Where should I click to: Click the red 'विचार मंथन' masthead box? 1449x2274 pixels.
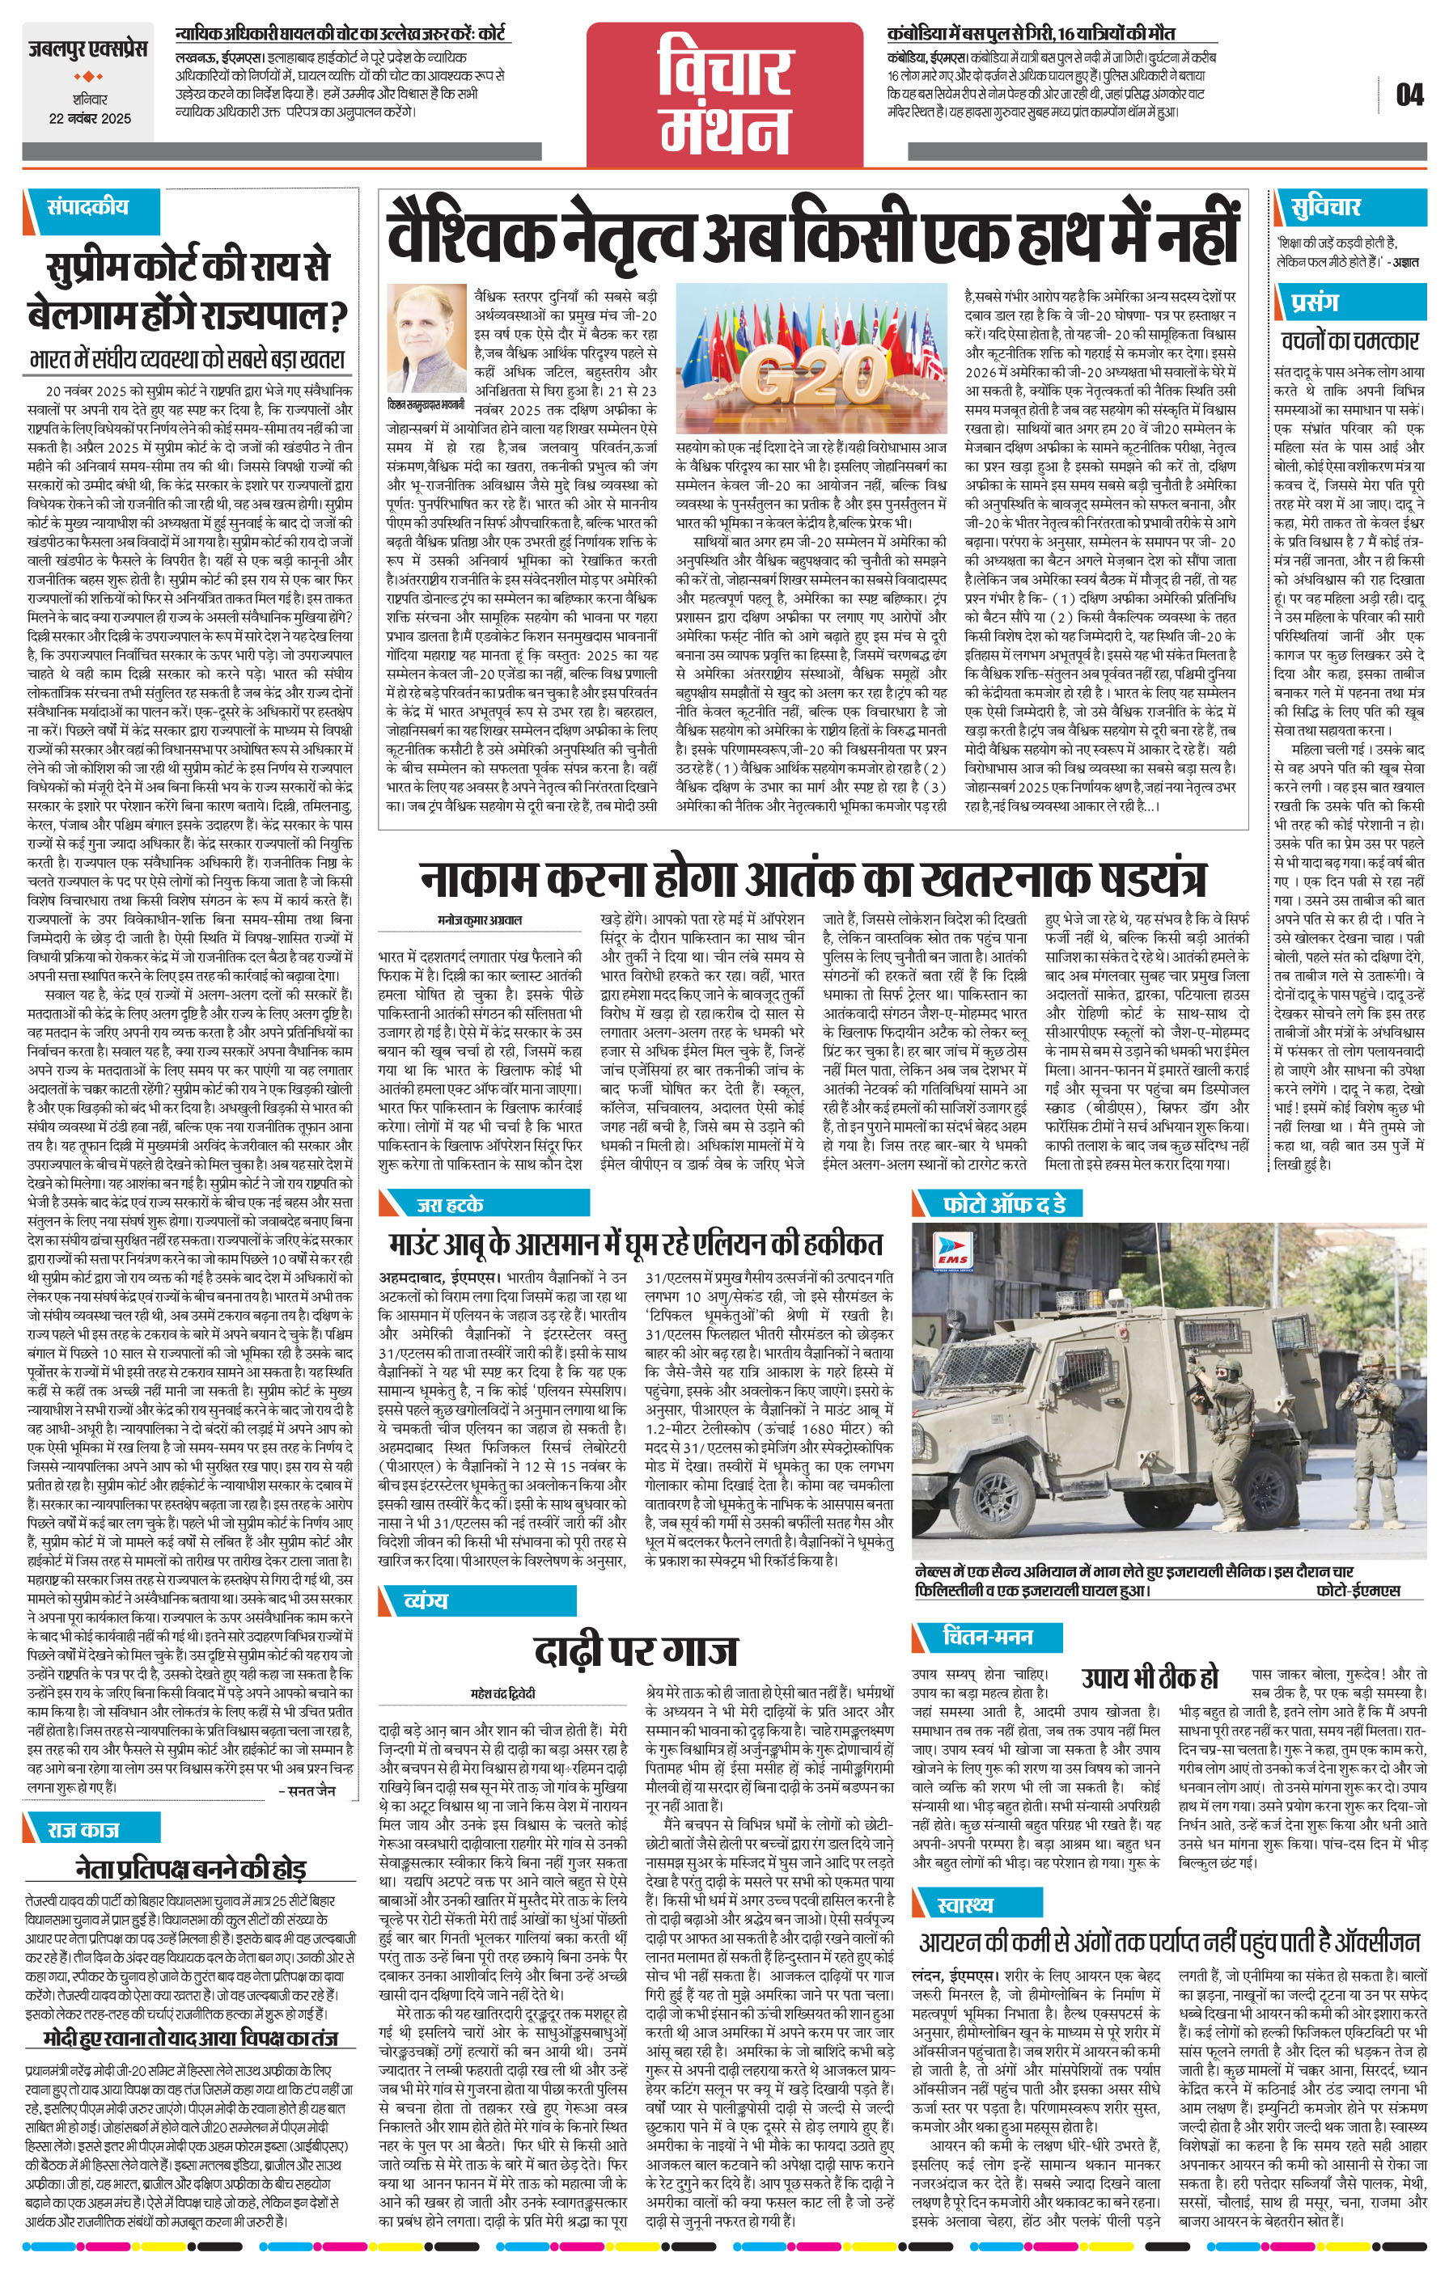(x=725, y=94)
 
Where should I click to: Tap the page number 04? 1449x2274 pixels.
(x=1409, y=95)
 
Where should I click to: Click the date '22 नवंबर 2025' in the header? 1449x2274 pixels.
(x=90, y=119)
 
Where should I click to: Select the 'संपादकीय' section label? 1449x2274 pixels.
(x=88, y=207)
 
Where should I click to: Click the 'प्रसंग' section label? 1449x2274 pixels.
(x=1315, y=302)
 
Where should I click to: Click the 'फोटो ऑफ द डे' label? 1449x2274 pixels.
(x=1004, y=1204)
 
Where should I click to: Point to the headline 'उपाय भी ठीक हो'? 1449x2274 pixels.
(x=1150, y=1678)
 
